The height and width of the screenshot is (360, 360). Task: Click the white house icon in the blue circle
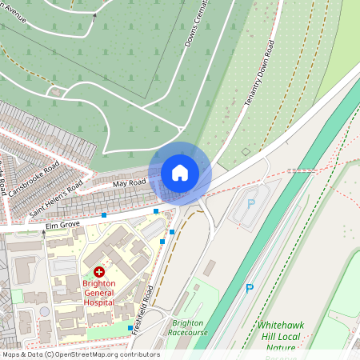click(x=180, y=173)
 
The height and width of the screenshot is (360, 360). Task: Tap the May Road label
click(x=129, y=183)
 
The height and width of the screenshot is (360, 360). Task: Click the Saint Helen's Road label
click(x=57, y=200)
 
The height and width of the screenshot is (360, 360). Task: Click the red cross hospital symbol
click(x=99, y=273)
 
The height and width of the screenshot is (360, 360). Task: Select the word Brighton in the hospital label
click(x=99, y=283)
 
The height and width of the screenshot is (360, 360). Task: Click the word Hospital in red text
click(x=99, y=302)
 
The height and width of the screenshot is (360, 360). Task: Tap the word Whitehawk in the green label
click(x=280, y=326)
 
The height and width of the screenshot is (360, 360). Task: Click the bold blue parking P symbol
click(x=250, y=288)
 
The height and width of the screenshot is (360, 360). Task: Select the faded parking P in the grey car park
click(x=250, y=204)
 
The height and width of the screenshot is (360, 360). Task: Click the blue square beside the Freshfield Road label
click(x=130, y=328)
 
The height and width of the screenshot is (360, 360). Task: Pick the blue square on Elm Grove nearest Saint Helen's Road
click(x=104, y=214)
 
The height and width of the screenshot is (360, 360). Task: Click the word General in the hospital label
click(x=99, y=293)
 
